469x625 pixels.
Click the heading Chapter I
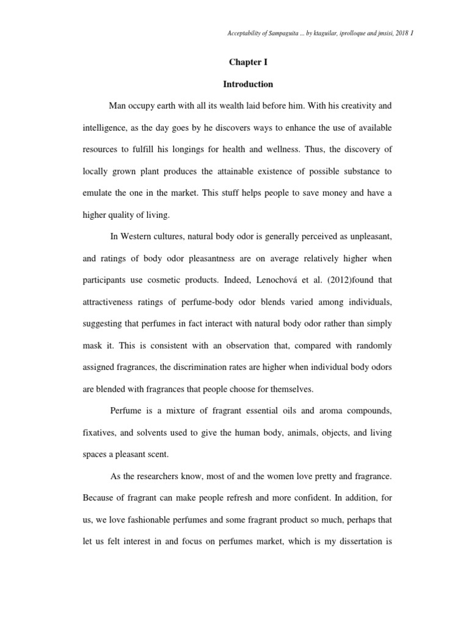[248, 62]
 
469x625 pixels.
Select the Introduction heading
[248, 84]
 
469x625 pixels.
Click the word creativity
[354, 106]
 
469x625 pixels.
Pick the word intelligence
[106, 128]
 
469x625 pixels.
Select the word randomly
[368, 345]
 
